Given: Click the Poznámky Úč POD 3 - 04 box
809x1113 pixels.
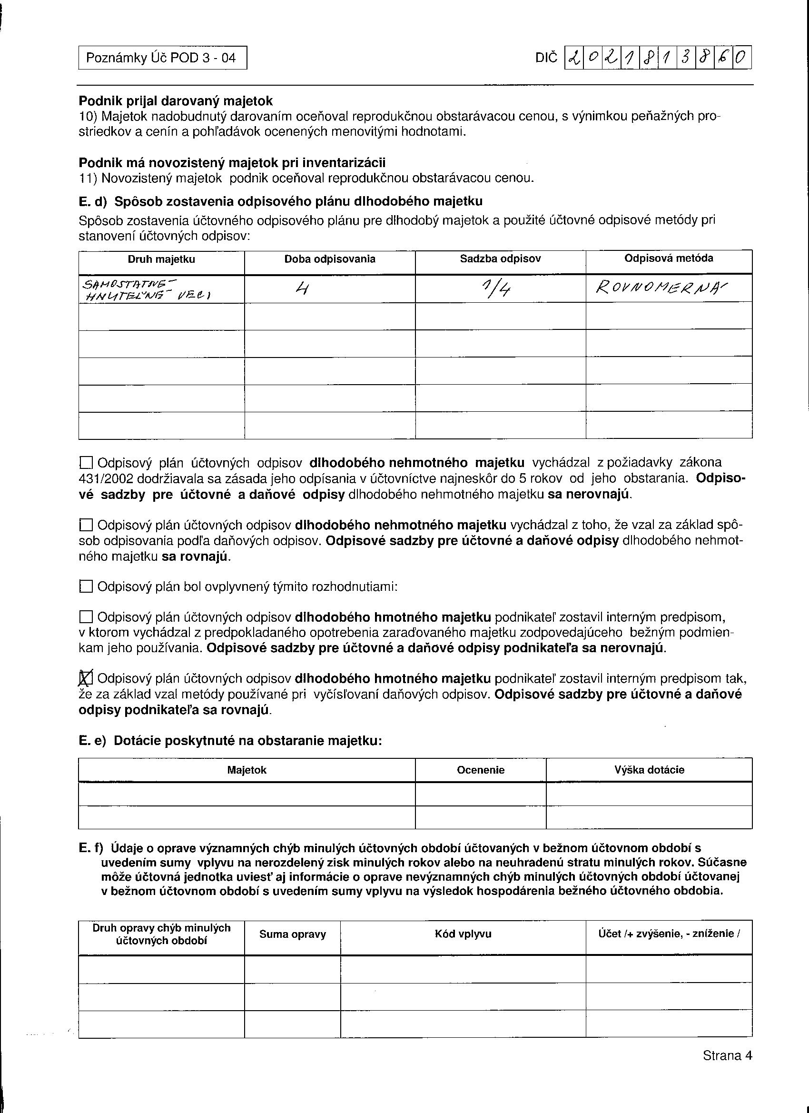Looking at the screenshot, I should coord(162,58).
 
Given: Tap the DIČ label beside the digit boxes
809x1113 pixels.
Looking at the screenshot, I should coord(546,59).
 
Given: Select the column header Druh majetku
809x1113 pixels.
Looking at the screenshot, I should coord(161,259).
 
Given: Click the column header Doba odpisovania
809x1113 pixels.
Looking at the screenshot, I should coord(330,259).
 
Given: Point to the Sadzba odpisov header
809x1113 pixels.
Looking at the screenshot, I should coord(500,259).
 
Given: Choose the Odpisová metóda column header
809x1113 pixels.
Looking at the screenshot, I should coord(669,258).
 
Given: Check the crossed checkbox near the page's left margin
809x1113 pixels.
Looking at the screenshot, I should coord(86,679).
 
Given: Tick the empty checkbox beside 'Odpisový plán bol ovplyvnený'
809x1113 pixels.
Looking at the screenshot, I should coord(86,586).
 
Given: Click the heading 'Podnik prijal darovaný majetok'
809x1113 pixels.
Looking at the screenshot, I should coord(176,101).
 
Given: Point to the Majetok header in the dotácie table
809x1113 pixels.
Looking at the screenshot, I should coord(247,770).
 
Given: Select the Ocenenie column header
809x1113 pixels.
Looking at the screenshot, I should coord(480,770).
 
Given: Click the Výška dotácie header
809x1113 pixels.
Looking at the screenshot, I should coord(649,770).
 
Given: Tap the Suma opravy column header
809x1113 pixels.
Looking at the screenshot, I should coord(292,934).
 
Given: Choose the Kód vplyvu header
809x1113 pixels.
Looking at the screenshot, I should coord(463,934).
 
